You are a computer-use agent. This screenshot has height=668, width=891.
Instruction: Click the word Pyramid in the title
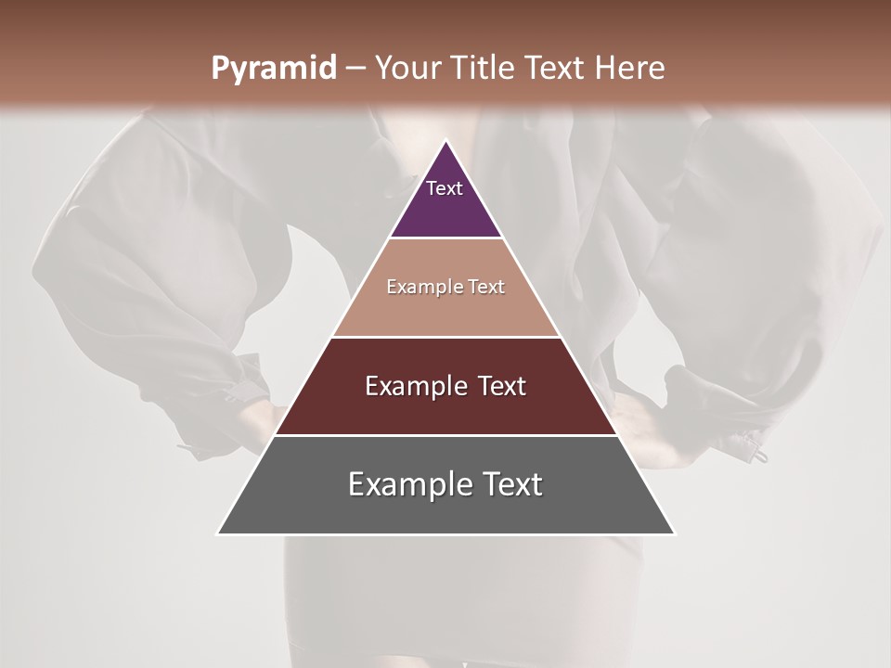274,69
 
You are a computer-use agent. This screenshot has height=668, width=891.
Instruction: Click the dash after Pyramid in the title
355,69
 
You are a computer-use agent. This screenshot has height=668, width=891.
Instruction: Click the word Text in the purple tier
445,188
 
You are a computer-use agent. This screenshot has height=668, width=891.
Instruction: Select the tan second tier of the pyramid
445,306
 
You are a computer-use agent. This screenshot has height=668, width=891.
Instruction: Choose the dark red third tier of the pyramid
445,408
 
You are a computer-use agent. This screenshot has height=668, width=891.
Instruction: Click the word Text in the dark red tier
501,387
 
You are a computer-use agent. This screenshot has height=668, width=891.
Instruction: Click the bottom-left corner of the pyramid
218,533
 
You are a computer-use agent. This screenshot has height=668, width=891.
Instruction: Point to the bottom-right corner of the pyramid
675,533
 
